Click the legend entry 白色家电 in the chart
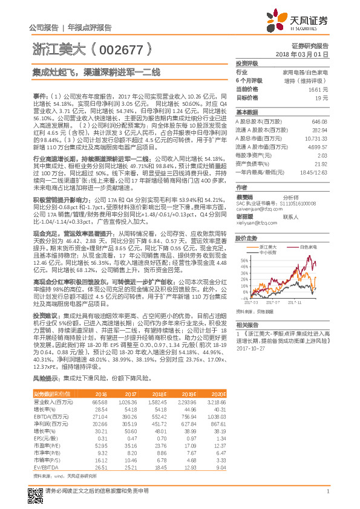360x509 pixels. pyautogui.click(x=309, y=247)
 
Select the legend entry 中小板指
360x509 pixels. pyautogui.click(x=270, y=252)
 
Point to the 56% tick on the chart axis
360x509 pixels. pyautogui.click(x=244, y=259)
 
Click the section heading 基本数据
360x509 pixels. pyautogui.click(x=246, y=112)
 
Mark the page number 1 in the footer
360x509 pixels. pyautogui.click(x=327, y=498)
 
